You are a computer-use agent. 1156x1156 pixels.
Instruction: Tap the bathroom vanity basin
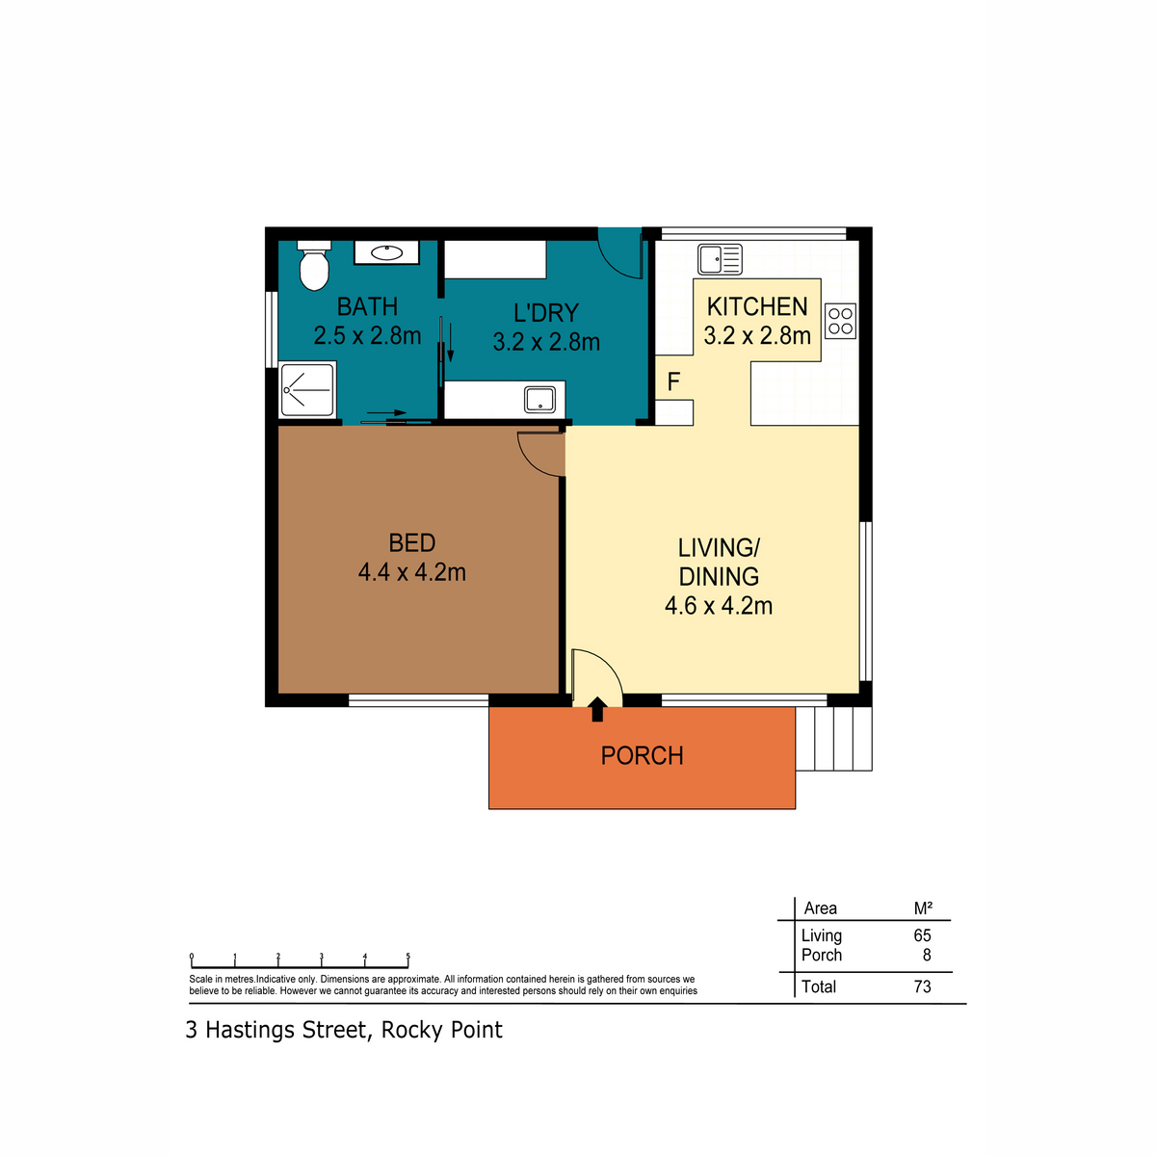(386, 252)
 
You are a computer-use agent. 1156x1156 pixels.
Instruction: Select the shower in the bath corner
(307, 389)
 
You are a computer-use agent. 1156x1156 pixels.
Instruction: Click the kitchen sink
(720, 260)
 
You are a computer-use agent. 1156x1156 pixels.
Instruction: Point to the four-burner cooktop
(840, 321)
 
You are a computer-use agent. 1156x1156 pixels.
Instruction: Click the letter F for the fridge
(673, 381)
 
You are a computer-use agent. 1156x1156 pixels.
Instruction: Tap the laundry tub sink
(539, 400)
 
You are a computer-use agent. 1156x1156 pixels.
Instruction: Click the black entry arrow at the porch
(597, 709)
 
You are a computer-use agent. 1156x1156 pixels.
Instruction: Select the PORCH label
(642, 756)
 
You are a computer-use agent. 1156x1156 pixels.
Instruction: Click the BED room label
(411, 543)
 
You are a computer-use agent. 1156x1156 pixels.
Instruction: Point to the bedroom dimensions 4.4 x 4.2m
(411, 572)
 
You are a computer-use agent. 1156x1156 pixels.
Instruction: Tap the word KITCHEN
(757, 306)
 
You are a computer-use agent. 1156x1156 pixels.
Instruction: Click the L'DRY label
(546, 312)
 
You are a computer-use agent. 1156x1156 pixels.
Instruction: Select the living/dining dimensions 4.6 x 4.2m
(718, 606)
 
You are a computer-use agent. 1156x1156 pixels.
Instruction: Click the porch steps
(834, 739)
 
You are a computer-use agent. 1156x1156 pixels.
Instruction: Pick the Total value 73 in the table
(922, 986)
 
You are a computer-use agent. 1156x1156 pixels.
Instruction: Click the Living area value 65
(922, 935)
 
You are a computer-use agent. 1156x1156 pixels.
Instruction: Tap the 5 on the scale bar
(407, 957)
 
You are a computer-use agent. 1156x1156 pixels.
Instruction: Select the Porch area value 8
(927, 955)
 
